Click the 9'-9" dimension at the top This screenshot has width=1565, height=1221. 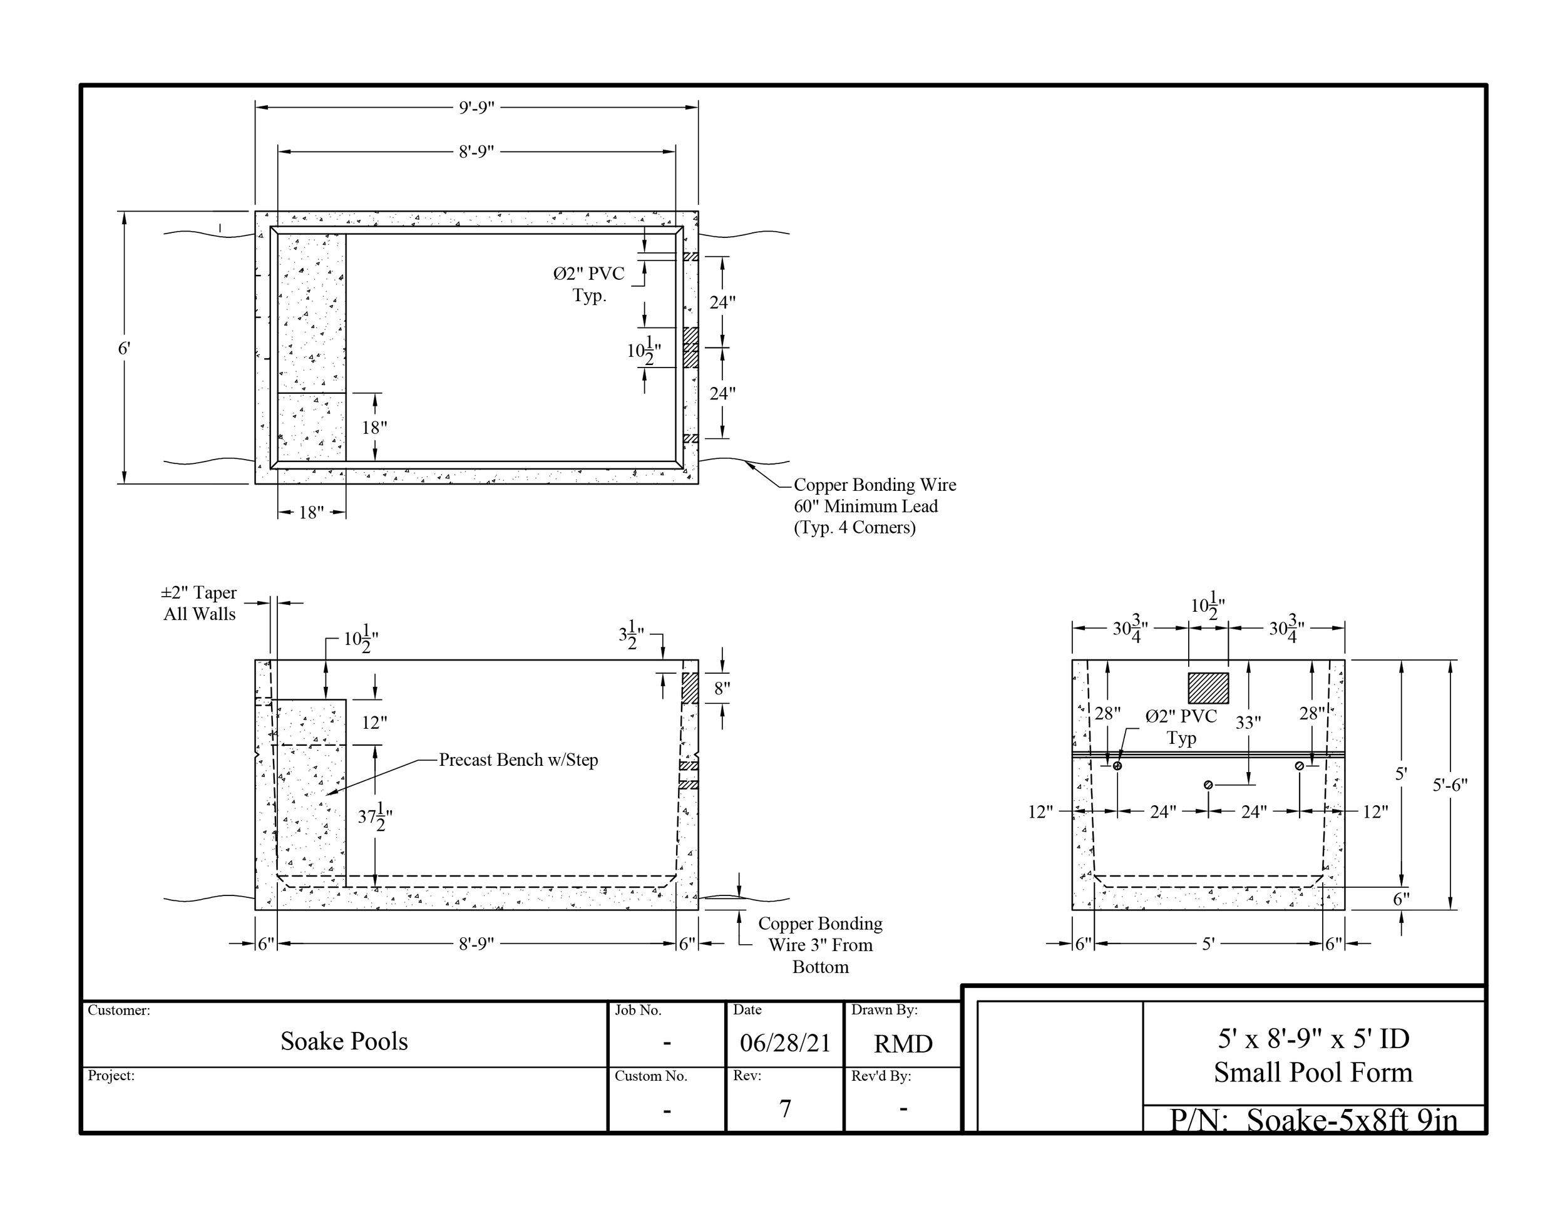(476, 108)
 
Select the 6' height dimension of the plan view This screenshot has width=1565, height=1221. (124, 349)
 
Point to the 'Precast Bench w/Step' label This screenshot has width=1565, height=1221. (518, 760)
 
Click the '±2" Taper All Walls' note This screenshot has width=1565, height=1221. (199, 604)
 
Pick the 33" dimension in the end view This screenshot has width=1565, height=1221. (1248, 723)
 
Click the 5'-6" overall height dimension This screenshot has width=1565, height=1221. (1450, 785)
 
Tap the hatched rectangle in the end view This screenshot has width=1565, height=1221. (1208, 688)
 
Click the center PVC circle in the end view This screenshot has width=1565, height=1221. (1208, 785)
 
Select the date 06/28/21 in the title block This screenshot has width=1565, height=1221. (784, 1043)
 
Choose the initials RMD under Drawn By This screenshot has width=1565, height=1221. (903, 1044)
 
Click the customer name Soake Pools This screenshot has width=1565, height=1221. (344, 1041)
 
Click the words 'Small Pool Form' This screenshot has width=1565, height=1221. (1313, 1073)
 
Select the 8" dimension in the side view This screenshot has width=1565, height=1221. (722, 689)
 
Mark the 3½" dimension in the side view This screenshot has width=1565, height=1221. (631, 636)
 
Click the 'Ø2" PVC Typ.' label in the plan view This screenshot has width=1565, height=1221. (589, 284)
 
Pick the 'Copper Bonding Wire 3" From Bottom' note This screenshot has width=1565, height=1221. (820, 944)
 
